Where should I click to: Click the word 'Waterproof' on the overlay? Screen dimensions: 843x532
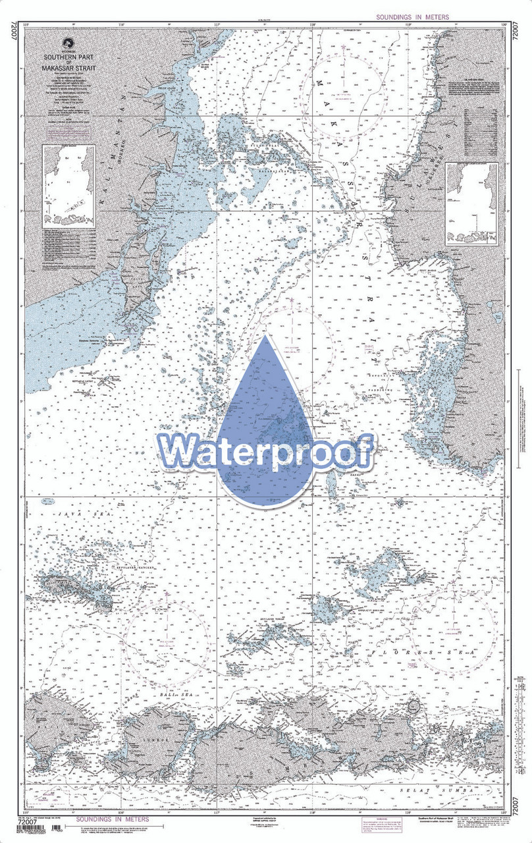coord(265,452)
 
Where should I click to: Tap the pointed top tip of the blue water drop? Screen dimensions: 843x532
coord(265,337)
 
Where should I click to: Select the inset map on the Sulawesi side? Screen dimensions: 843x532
coord(471,204)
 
